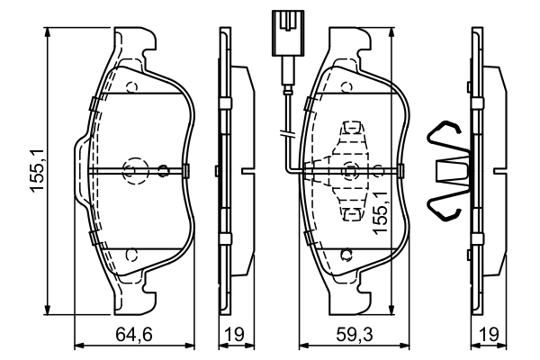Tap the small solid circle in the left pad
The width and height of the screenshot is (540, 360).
[x=163, y=169]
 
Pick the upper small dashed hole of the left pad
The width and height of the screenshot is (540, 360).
[x=131, y=88]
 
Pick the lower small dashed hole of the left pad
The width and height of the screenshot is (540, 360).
[x=131, y=255]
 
